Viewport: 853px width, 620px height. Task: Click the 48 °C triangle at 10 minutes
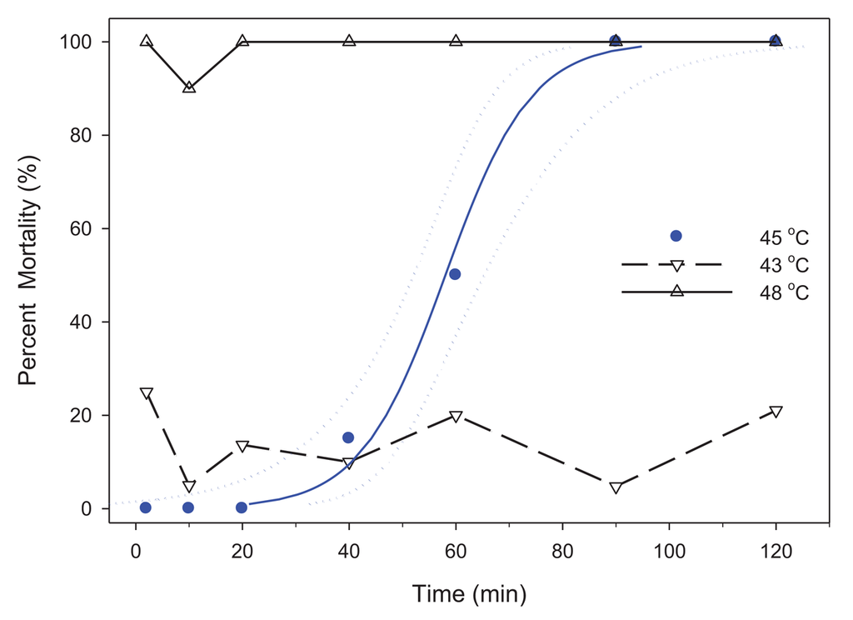click(189, 87)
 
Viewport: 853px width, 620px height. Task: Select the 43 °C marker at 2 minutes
click(147, 393)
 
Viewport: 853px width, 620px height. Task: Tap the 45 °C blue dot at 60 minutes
click(455, 274)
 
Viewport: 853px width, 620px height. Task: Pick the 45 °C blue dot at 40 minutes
click(348, 437)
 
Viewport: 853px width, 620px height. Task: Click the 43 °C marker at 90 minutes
click(616, 487)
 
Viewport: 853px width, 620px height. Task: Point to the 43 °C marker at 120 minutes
click(776, 412)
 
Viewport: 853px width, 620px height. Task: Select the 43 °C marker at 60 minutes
click(456, 416)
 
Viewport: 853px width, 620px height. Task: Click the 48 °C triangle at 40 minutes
click(349, 41)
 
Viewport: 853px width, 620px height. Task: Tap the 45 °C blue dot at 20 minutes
click(242, 507)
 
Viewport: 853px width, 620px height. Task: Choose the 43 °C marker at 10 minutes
click(189, 487)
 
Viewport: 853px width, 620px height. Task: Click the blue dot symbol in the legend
click(676, 236)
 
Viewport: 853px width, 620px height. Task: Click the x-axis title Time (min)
click(469, 593)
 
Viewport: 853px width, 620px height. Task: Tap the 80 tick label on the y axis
click(82, 135)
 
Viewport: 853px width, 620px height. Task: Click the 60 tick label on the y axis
click(82, 228)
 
